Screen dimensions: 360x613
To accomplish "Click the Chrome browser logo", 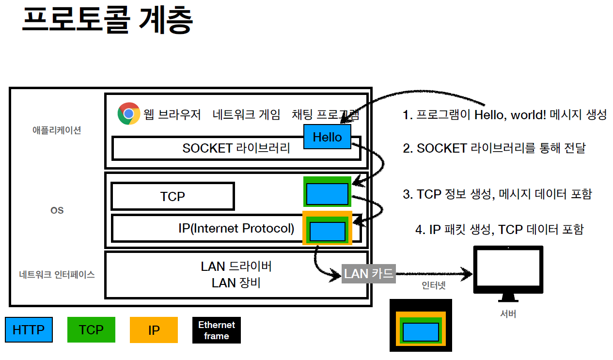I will [x=128, y=113].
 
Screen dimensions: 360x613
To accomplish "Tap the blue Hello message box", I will [x=327, y=137].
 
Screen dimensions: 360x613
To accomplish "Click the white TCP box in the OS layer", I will [x=173, y=196].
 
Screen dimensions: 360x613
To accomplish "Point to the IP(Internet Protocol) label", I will [x=236, y=228].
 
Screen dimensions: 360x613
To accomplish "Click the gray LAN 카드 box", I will [x=369, y=274].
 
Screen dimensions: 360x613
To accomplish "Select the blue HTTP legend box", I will [x=29, y=330].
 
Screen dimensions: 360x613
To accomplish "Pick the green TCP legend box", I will [x=91, y=330].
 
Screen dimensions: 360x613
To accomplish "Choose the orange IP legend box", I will [x=154, y=330].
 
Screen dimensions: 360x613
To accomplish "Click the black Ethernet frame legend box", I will [x=216, y=330].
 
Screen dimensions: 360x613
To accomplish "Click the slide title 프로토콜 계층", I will [x=107, y=21].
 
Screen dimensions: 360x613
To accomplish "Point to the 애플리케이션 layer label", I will [x=57, y=130].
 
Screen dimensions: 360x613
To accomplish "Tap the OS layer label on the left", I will [x=57, y=211].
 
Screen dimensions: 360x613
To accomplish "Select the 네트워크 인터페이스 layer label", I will [x=57, y=275].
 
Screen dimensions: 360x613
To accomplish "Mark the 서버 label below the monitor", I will [x=508, y=314].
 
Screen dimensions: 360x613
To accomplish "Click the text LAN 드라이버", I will [x=236, y=266].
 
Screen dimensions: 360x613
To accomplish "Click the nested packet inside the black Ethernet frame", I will [x=421, y=331].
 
